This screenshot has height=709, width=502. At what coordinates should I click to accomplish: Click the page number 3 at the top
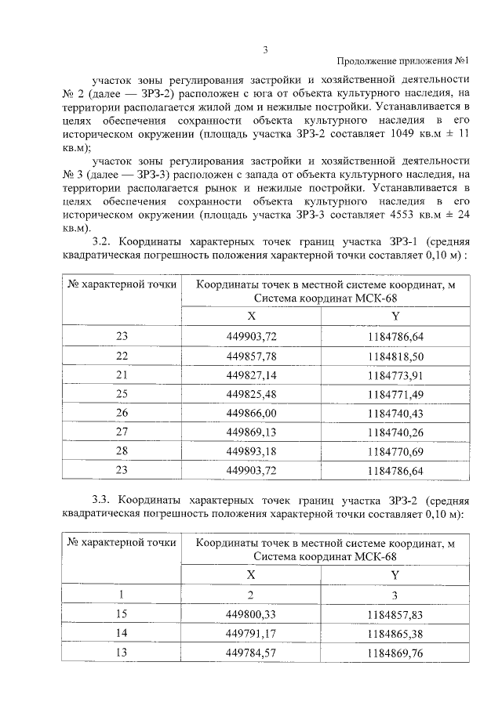tap(265, 51)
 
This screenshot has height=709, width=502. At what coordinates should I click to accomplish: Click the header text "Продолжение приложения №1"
tap(402, 62)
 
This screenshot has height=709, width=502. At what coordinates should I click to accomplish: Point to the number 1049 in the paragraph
tap(397, 134)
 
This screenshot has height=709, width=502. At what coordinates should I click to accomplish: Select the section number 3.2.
tap(104, 241)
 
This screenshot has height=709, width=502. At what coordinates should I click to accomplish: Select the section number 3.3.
tap(104, 500)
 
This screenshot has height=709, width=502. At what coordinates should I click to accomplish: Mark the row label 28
tap(121, 451)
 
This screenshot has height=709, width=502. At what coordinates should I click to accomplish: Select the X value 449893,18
tap(252, 451)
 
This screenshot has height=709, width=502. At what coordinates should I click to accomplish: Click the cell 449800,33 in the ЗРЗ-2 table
tap(252, 614)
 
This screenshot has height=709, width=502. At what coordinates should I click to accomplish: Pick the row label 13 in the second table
tap(121, 653)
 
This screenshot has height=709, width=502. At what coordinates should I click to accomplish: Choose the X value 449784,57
tap(252, 653)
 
